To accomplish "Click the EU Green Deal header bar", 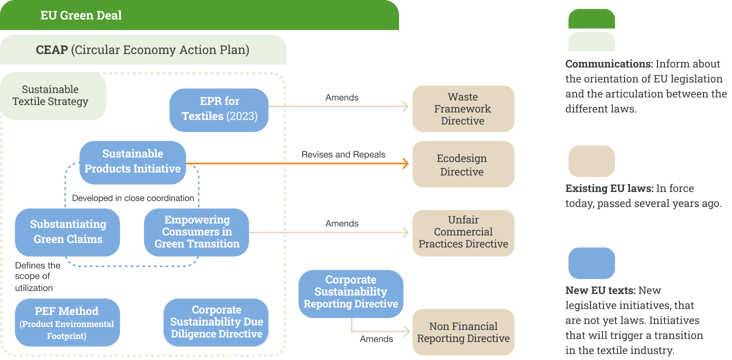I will click(x=200, y=15).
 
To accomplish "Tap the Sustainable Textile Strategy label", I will click(x=55, y=95).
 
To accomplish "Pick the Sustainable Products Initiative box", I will click(x=133, y=162).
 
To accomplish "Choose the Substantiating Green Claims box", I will click(x=67, y=231).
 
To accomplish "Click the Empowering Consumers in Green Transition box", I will click(x=197, y=231).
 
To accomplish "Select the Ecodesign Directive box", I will click(x=464, y=163).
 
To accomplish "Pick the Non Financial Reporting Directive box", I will click(x=464, y=331).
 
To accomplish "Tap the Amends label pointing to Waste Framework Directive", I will click(x=343, y=97).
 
